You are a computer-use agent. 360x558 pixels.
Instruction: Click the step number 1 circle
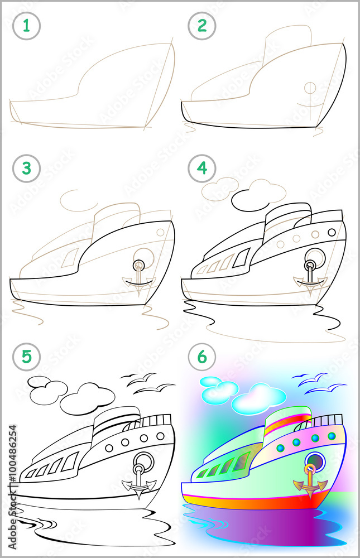pyautogui.click(x=26, y=26)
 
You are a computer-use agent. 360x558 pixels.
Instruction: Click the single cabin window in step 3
pyautogui.click(x=70, y=257)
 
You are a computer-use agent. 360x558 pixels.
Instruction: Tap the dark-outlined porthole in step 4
pyautogui.click(x=332, y=232)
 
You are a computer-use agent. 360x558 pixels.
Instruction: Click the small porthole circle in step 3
pyautogui.click(x=160, y=231)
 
